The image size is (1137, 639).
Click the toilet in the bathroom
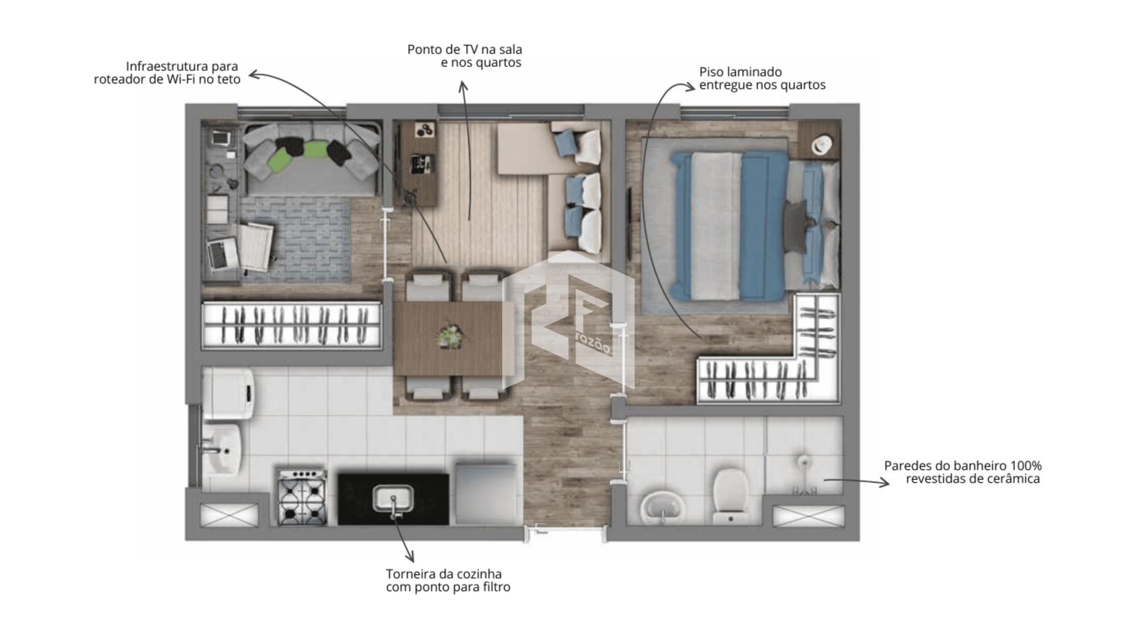click(x=730, y=496)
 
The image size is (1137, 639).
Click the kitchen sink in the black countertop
click(x=393, y=499)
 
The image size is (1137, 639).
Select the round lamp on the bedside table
click(x=822, y=144)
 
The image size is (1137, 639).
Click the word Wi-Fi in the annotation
click(x=184, y=79)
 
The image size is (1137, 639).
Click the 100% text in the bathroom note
click(x=1026, y=466)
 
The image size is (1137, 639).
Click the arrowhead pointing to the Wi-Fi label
click(x=253, y=74)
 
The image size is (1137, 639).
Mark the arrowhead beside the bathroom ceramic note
click(x=885, y=483)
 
